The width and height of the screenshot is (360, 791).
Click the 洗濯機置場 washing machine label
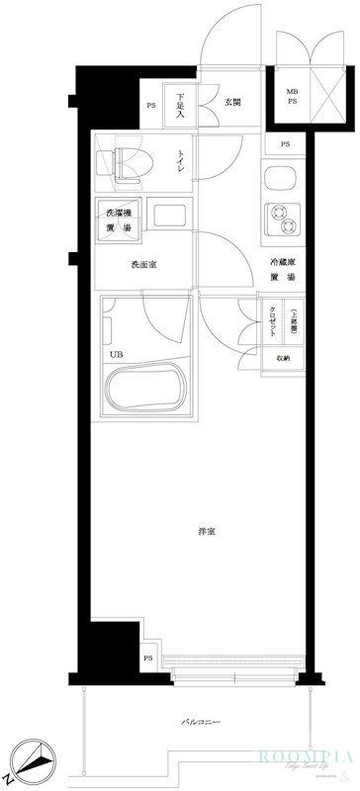(120, 220)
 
